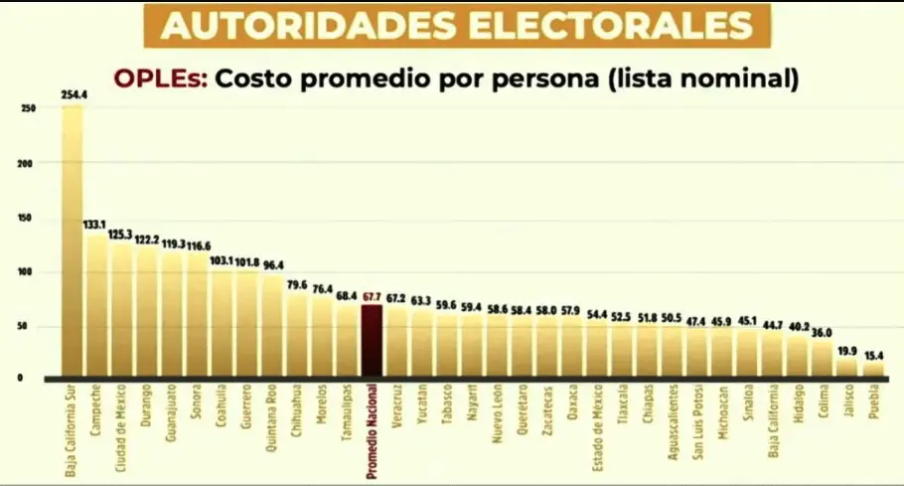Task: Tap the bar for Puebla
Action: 873,370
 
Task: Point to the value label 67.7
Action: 372,296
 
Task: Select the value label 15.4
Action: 873,355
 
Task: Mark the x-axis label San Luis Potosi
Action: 697,423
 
